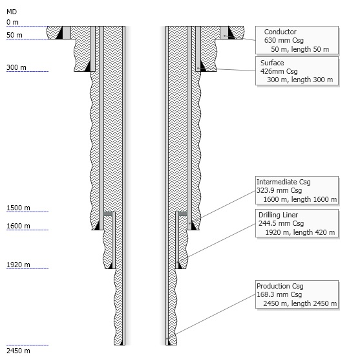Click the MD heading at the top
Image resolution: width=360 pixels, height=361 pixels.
pos(12,12)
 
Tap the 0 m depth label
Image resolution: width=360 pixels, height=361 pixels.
pos(12,23)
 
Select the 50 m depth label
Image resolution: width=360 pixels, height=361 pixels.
pos(14,35)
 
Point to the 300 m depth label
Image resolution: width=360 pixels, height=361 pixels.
pos(16,67)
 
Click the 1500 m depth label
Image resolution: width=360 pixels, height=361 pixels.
pos(18,208)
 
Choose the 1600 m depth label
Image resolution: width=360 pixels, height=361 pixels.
pos(18,226)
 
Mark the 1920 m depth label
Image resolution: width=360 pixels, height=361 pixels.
pos(18,265)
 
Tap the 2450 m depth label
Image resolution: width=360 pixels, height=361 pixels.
pos(18,351)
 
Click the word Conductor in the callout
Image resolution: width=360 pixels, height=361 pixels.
pos(280,32)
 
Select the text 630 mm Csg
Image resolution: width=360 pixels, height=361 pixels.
pos(284,40)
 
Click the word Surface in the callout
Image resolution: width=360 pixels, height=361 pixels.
pos(272,63)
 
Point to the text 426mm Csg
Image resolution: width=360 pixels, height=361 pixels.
pos(279,71)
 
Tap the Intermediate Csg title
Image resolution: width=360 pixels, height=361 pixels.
pos(284,182)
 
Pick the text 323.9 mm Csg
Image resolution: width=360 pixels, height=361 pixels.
pos(279,190)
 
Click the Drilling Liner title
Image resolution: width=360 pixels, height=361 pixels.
pos(278,215)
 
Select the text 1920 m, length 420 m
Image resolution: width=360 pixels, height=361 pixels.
pos(300,232)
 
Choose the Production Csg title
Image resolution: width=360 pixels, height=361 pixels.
pos(280,286)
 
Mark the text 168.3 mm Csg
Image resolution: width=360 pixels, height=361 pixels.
pos(279,294)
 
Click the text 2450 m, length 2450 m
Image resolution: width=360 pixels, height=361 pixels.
pos(300,303)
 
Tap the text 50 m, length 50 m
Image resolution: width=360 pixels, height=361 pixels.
pos(300,49)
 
